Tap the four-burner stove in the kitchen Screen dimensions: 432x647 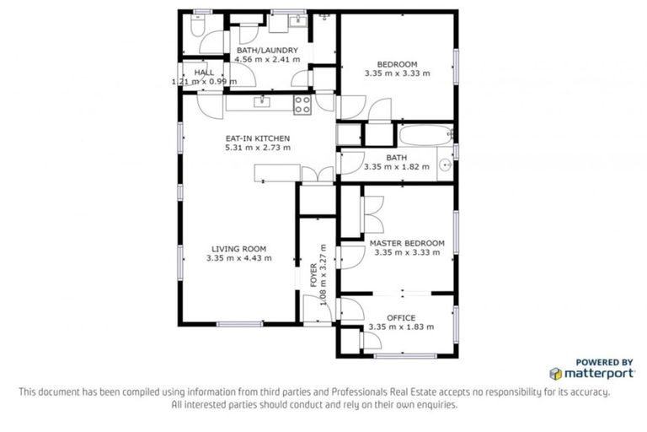[302, 104]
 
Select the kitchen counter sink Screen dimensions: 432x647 [263, 101]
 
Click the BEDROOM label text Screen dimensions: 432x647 [397, 64]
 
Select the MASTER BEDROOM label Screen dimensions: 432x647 [407, 243]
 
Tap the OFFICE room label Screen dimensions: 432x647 [401, 317]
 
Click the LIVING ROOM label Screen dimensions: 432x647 [238, 249]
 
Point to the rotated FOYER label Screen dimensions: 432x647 [313, 276]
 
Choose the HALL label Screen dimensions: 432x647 [204, 73]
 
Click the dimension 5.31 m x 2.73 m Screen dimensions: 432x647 [257, 147]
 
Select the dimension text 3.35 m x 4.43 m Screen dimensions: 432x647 [238, 258]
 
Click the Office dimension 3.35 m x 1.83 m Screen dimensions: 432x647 [401, 327]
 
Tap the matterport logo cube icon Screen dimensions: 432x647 [555, 373]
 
